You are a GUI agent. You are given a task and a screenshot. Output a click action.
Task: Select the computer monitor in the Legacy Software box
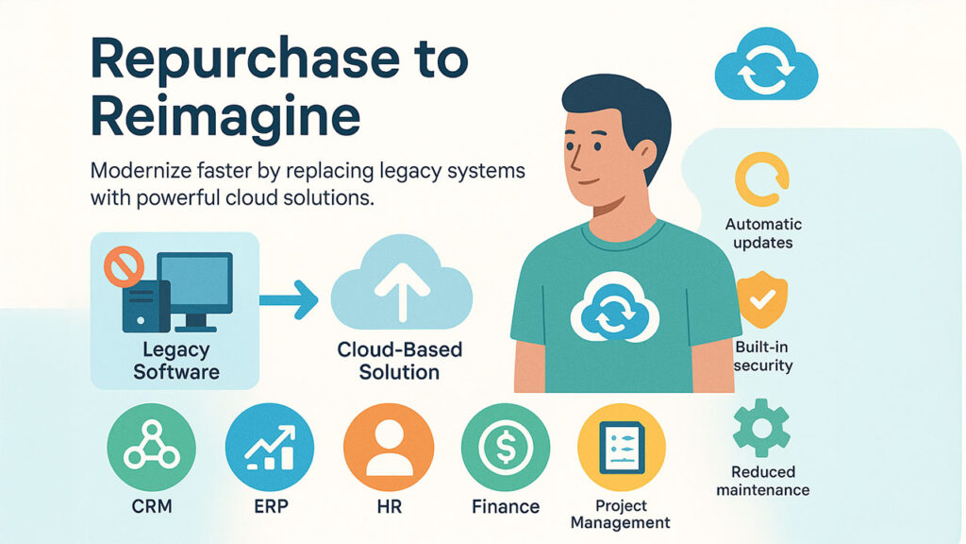[195, 282]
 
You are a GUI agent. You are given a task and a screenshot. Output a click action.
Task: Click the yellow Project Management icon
[621, 448]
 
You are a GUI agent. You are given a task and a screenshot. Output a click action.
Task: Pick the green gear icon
[762, 425]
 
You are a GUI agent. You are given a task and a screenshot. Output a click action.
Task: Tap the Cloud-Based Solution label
[400, 360]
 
